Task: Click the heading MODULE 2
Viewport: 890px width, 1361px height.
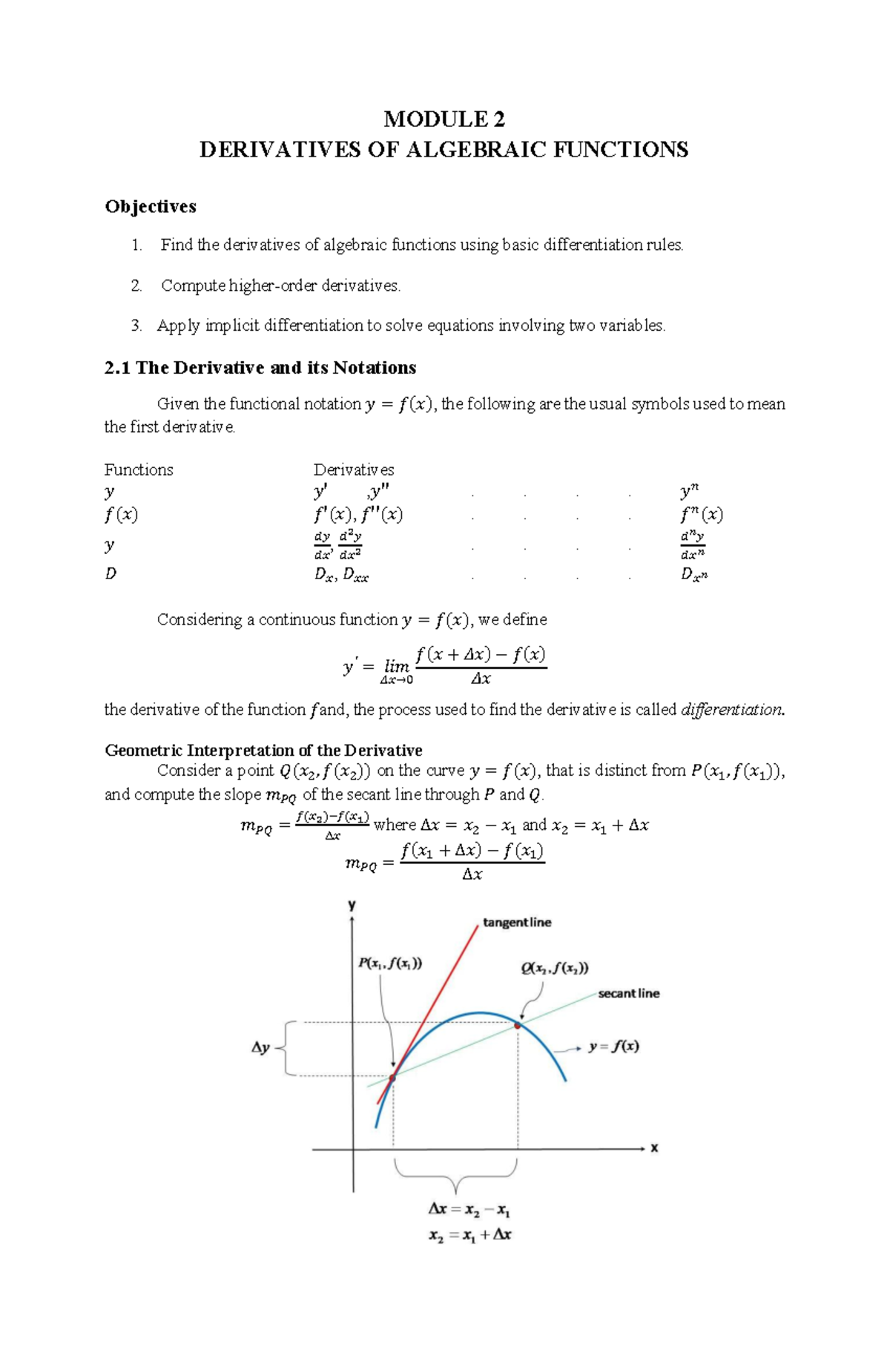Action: (444, 119)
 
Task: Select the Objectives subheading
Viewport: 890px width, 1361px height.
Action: (151, 206)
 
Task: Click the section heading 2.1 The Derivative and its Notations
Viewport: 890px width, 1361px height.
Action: (260, 368)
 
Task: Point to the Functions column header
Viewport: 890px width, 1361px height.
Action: (139, 469)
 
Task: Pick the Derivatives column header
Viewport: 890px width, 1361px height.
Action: (354, 469)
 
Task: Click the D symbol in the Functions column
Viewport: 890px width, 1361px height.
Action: (111, 573)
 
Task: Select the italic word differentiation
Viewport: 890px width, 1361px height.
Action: (731, 710)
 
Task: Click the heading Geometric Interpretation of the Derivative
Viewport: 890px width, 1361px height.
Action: (263, 750)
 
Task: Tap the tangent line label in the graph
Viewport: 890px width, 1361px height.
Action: (517, 923)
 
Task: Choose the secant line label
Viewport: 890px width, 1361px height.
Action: (628, 993)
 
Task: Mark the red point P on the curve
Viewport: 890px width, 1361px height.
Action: (393, 1077)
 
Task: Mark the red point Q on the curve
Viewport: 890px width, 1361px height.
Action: (517, 1026)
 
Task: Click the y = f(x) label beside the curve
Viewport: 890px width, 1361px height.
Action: (613, 1047)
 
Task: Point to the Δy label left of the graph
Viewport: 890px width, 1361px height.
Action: (260, 1048)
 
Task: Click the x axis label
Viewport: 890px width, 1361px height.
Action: (654, 1147)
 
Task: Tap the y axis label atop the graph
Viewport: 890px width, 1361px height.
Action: (352, 906)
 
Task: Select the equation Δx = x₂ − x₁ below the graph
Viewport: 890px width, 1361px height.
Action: (469, 1210)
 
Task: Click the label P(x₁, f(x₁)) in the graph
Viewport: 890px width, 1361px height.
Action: (390, 963)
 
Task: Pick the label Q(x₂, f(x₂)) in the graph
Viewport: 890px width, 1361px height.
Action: (554, 968)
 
